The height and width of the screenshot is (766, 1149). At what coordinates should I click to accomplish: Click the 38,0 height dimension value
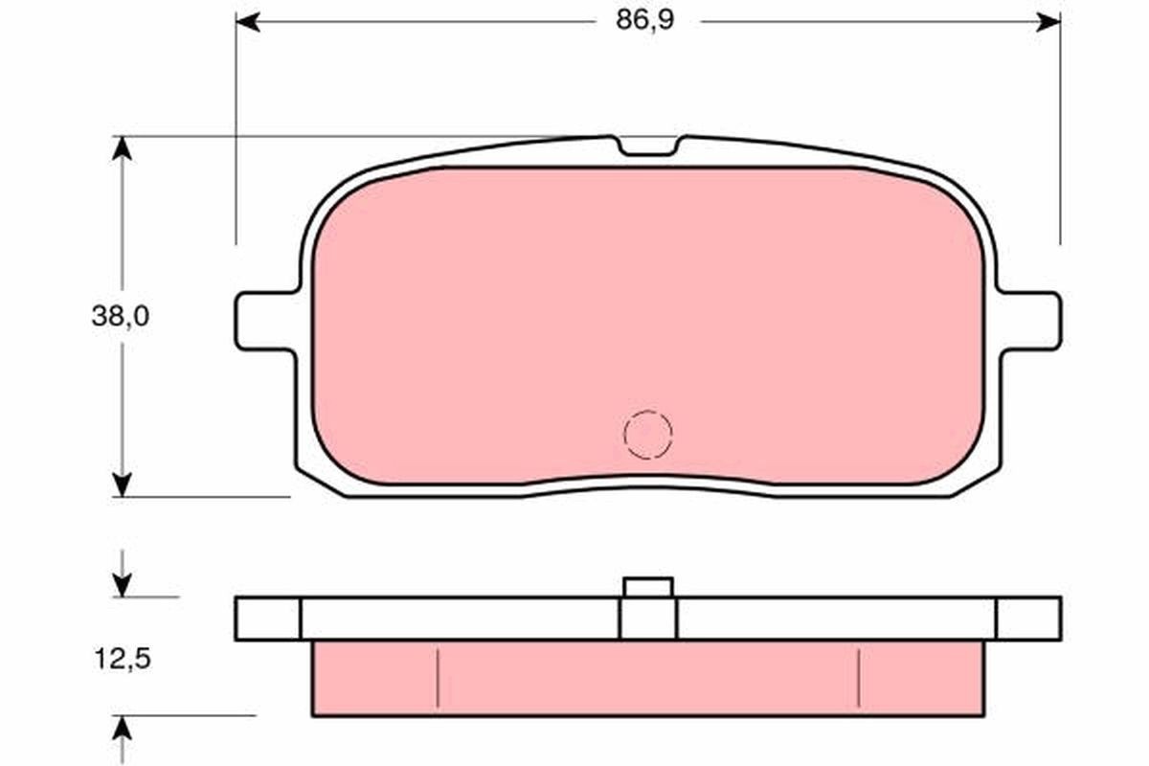[120, 317]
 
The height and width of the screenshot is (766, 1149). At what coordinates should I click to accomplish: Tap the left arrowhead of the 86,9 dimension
[247, 21]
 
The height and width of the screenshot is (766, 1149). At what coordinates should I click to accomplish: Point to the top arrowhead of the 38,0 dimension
[121, 147]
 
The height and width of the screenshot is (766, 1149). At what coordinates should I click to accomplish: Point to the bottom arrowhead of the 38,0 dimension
[121, 485]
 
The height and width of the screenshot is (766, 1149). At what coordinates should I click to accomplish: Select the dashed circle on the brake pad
[648, 435]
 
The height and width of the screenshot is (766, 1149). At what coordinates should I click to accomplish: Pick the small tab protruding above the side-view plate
[648, 587]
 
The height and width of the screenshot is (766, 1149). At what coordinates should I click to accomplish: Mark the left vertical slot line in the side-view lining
[438, 677]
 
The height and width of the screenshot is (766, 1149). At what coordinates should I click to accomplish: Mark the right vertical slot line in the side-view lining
[859, 677]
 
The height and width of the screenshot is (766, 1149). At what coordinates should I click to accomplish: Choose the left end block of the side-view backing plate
[267, 619]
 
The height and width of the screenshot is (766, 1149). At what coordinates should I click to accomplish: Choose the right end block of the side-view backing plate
[1028, 619]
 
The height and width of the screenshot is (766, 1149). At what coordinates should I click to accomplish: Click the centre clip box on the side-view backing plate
[648, 619]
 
